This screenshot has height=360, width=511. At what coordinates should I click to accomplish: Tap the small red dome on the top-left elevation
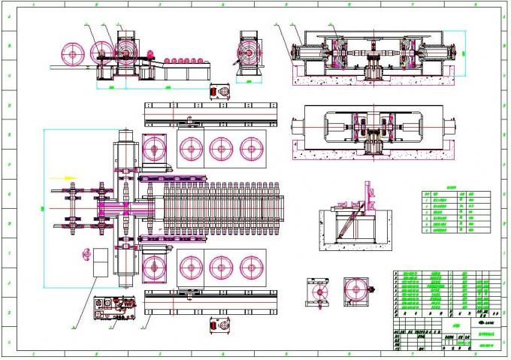pyautogui.click(x=149, y=55)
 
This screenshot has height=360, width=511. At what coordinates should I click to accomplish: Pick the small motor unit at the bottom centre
pyautogui.click(x=220, y=325)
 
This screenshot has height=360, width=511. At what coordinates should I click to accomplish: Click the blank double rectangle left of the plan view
pyautogui.click(x=98, y=258)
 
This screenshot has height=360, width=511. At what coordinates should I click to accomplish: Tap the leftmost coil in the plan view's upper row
pyautogui.click(x=156, y=150)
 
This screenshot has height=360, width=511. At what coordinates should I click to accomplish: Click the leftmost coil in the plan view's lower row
pyautogui.click(x=156, y=266)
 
